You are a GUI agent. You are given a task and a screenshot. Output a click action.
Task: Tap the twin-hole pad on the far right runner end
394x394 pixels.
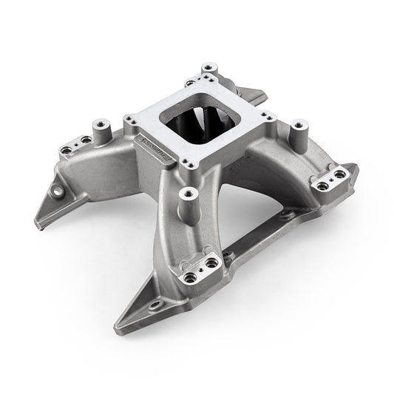point(329,175)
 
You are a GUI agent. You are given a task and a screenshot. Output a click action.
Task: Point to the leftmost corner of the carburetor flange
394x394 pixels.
point(131,119)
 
